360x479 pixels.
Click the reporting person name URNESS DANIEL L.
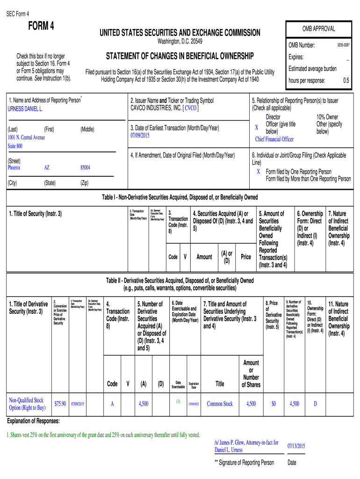(x=25, y=109)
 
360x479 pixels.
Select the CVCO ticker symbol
(x=191, y=108)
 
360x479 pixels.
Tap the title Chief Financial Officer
(x=274, y=139)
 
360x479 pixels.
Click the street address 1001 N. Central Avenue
(x=26, y=137)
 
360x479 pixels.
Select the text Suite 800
(x=15, y=146)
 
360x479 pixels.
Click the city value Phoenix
(x=14, y=167)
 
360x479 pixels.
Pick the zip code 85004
(x=85, y=167)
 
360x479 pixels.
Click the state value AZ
(x=47, y=167)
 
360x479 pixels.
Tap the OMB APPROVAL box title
(x=318, y=29)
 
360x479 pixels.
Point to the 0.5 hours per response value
(x=346, y=80)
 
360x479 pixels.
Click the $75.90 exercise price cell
(x=60, y=404)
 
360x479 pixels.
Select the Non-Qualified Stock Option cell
(x=26, y=404)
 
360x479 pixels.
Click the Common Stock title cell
(x=220, y=404)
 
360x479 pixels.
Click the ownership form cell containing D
(x=315, y=404)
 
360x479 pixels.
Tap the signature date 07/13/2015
(x=296, y=446)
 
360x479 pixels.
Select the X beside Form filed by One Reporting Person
(x=258, y=171)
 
